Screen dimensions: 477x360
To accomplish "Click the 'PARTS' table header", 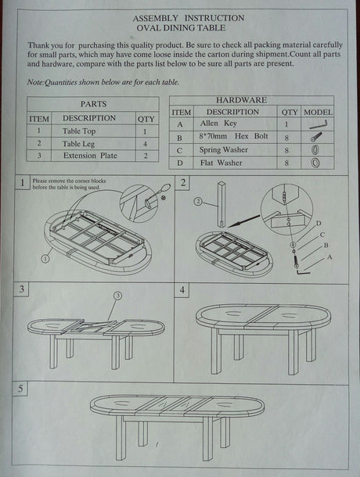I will (93, 103).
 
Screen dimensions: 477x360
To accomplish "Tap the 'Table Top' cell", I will (79, 131).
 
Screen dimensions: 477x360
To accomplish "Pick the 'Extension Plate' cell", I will (91, 156).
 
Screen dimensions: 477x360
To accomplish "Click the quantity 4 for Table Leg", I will (146, 144).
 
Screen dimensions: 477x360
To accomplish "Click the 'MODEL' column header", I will (317, 113).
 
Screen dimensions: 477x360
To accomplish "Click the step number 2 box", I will (182, 183).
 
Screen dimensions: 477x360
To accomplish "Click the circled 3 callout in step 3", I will (117, 295).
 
